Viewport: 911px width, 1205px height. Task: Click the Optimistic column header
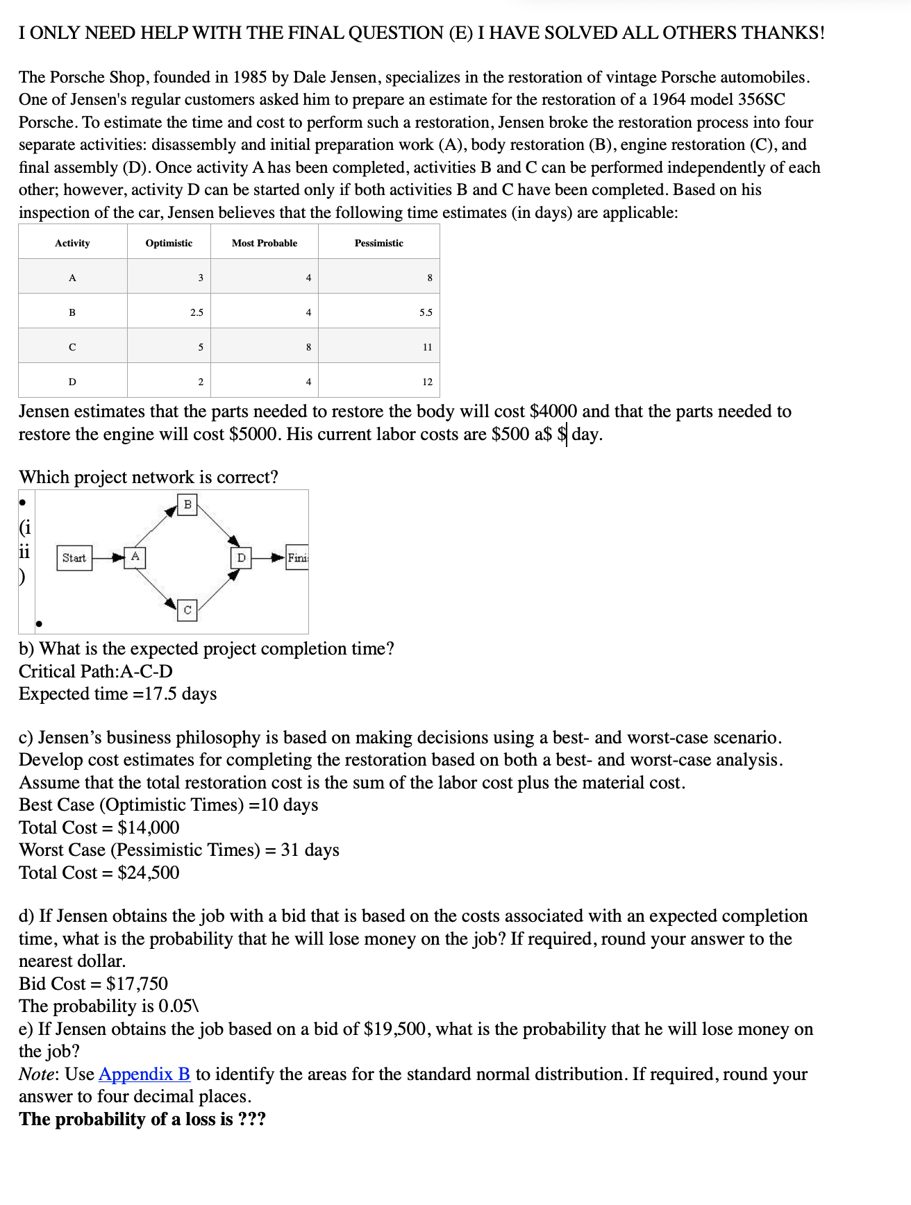click(x=169, y=243)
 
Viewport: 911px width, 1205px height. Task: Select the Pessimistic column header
click(x=378, y=243)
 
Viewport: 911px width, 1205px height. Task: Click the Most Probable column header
click(x=264, y=243)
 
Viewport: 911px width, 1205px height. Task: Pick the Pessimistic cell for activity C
click(x=427, y=347)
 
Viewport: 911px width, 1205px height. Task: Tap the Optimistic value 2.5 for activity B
click(x=197, y=312)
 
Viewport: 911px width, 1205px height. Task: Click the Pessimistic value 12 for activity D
click(x=427, y=382)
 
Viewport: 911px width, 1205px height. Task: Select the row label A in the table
click(x=72, y=278)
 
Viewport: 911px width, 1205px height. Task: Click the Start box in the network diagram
click(x=74, y=557)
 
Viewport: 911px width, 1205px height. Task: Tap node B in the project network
click(x=187, y=505)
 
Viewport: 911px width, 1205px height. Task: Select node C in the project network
click(x=187, y=610)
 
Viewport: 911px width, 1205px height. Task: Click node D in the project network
click(x=241, y=557)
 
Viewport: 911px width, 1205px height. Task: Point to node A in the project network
click(x=135, y=557)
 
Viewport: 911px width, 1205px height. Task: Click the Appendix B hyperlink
click(x=144, y=1074)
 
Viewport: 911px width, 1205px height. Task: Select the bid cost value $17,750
click(x=137, y=984)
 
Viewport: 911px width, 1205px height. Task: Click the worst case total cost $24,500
click(x=148, y=873)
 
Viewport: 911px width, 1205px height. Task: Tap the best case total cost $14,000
click(x=148, y=827)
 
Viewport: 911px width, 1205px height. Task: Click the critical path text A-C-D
click(x=147, y=671)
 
